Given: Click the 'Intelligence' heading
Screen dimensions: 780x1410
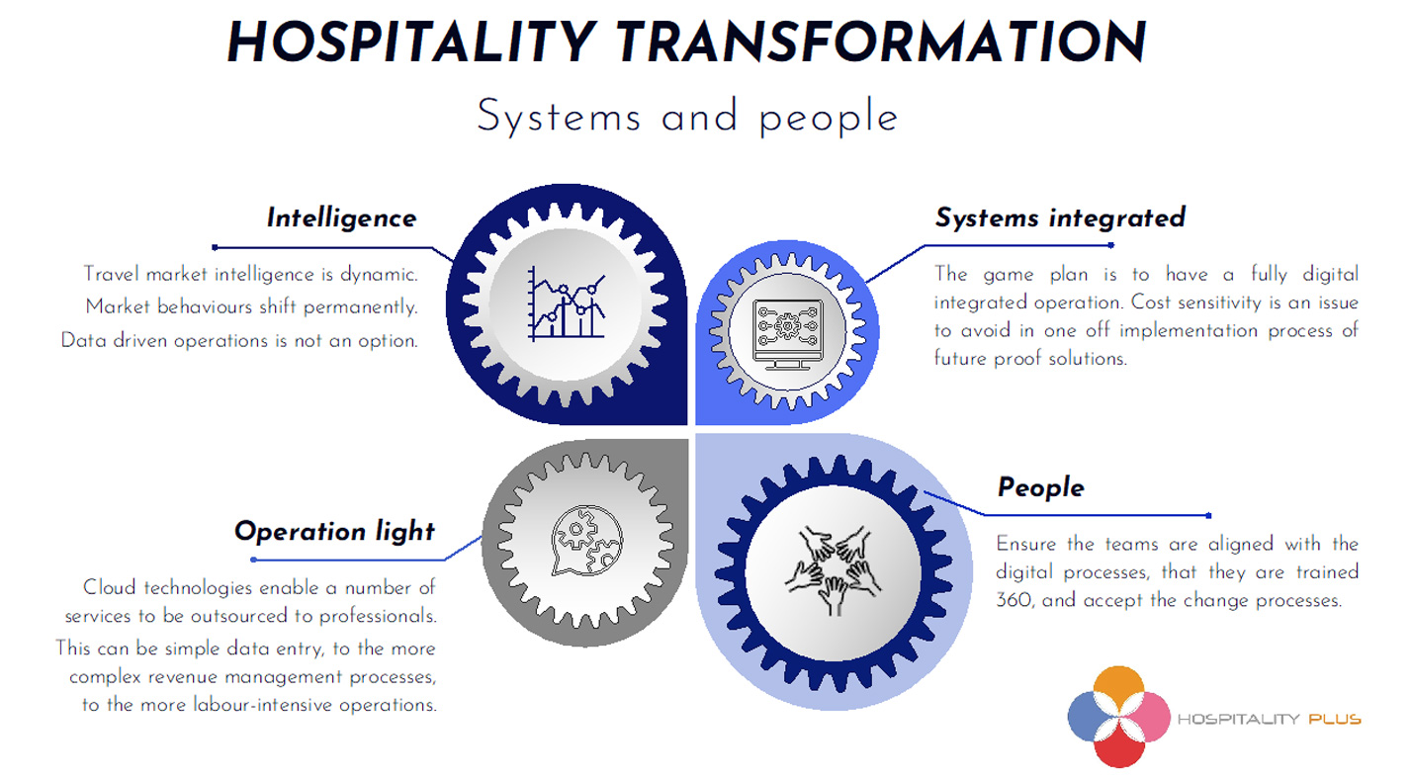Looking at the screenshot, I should tap(341, 217).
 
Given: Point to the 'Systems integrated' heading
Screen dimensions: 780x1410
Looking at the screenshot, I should tap(1059, 217).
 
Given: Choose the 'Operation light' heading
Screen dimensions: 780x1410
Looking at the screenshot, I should tap(334, 531).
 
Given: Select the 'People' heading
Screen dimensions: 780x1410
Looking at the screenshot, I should tap(1040, 487).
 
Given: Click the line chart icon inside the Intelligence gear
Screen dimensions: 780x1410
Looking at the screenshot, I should tap(567, 303).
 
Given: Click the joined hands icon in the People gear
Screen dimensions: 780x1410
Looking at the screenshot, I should tap(833, 569).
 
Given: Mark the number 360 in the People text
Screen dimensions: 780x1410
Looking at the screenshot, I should tap(1013, 600).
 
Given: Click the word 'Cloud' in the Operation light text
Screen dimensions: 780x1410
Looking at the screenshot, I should tap(111, 588).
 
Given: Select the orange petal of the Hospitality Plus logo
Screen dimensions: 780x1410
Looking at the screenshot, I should tap(1118, 690).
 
